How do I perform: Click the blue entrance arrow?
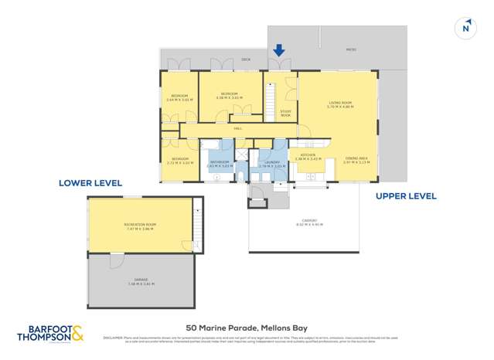[x=279, y=51]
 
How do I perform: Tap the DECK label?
[x=246, y=59]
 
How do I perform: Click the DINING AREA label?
[x=356, y=159]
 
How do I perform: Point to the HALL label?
[x=238, y=128]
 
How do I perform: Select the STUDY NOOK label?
[x=285, y=114]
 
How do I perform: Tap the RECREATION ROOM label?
[x=140, y=225]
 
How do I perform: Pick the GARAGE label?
[x=141, y=282]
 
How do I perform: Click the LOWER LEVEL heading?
[x=90, y=183]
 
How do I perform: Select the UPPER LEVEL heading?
[x=406, y=196]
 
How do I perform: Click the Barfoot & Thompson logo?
[x=49, y=334]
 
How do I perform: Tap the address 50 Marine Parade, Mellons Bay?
[x=247, y=327]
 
